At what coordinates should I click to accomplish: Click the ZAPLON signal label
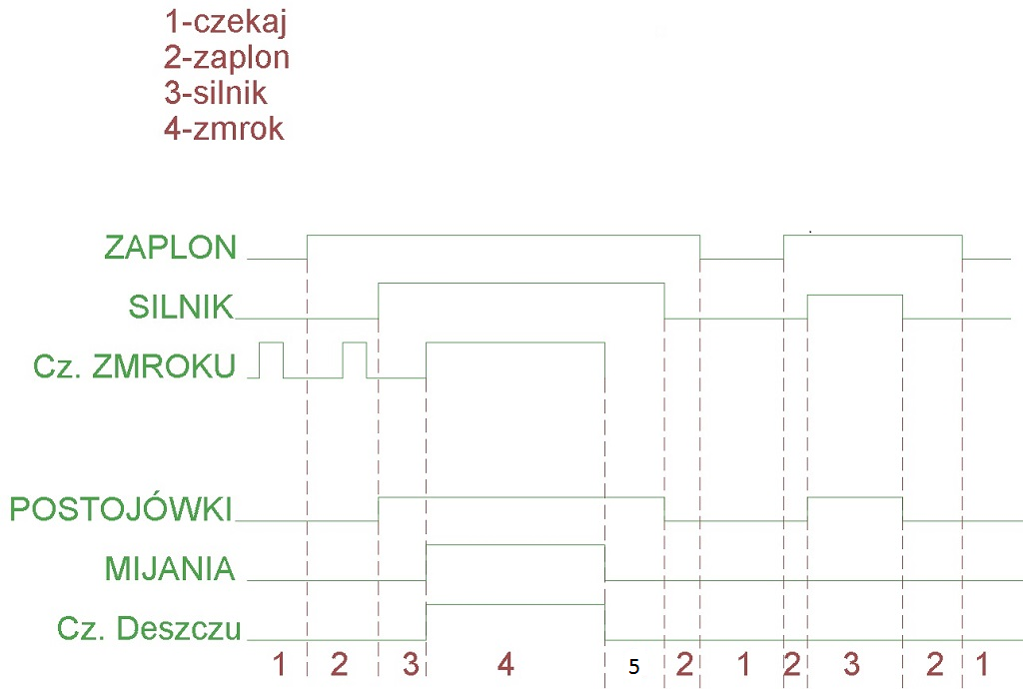coord(170,248)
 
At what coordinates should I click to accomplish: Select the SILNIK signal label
coord(180,308)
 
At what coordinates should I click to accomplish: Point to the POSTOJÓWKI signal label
coord(121,510)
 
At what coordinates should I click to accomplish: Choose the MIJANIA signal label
coord(170,569)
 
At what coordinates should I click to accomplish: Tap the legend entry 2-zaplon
coord(227,57)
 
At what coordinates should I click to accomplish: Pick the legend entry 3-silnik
coord(217,93)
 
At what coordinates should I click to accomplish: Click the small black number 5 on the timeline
coord(633,666)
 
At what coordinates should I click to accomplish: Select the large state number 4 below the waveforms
coord(506,663)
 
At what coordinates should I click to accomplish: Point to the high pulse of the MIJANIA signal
coord(515,546)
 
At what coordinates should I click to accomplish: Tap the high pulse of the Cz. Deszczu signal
coord(515,605)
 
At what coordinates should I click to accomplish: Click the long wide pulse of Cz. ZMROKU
coord(515,344)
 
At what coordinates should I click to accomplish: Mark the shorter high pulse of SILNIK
coord(855,297)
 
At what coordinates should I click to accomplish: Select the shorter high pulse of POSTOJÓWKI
coord(855,497)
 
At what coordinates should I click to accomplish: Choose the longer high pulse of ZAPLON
coord(504,236)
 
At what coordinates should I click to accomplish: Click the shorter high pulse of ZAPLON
coord(873,236)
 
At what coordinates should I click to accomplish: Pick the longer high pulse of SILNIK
coord(521,284)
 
